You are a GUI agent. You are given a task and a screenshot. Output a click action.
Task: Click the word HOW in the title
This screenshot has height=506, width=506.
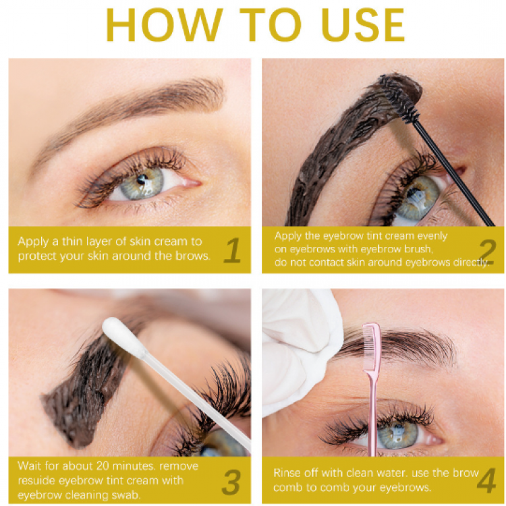tap(165, 25)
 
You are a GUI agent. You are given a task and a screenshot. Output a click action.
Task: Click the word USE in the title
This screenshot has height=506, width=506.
tap(363, 25)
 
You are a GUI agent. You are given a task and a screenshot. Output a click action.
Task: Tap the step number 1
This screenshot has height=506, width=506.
tap(233, 250)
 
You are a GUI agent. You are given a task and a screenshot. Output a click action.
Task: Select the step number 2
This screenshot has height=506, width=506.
tap(487, 252)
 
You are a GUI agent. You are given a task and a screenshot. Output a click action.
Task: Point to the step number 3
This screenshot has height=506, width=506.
tap(231, 482)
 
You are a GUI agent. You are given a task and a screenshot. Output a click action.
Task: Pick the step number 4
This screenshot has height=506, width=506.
tap(486, 481)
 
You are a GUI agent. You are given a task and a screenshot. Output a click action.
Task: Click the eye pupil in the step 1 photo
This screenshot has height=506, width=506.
tap(141, 179)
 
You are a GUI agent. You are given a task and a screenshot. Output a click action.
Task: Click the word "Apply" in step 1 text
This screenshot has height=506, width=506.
tap(33, 242)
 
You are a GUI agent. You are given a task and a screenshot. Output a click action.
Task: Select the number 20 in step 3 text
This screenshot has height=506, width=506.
tap(97, 466)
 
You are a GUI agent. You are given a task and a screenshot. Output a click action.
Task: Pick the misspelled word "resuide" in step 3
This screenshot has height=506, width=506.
tap(37, 481)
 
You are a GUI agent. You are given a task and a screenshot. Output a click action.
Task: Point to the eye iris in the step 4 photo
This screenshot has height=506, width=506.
tap(397, 433)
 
